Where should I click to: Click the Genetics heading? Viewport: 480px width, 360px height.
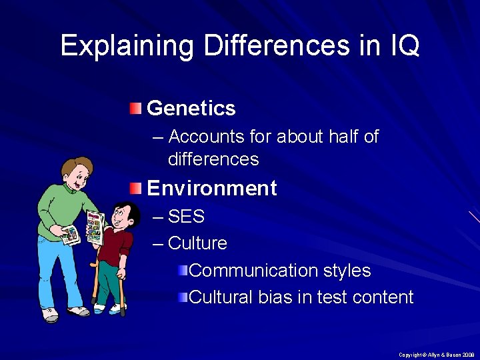pyautogui.click(x=191, y=108)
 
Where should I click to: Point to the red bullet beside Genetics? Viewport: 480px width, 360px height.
pyautogui.click(x=136, y=108)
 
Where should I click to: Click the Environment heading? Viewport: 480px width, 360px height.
pyautogui.click(x=211, y=188)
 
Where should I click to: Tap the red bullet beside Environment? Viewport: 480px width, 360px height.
pyautogui.click(x=136, y=188)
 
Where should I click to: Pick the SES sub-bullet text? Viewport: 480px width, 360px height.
pyautogui.click(x=186, y=217)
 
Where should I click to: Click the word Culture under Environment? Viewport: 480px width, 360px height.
pyautogui.click(x=197, y=243)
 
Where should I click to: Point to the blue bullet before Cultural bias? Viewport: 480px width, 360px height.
pyautogui.click(x=183, y=297)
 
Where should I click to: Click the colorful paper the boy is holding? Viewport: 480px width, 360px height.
pyautogui.click(x=95, y=227)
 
